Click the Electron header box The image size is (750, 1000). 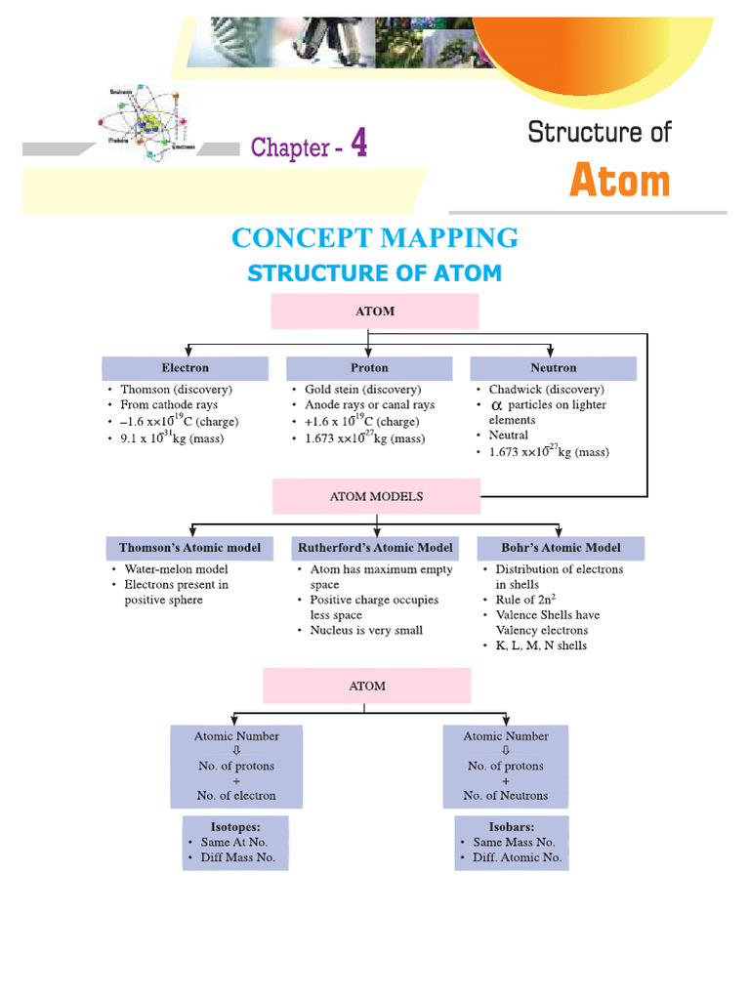click(x=185, y=368)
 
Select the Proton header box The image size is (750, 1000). click(x=369, y=368)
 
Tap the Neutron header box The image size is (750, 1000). click(x=553, y=368)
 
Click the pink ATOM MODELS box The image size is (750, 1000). click(x=376, y=496)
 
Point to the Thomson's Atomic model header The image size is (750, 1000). click(x=190, y=548)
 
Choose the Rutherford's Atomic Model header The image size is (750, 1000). click(x=375, y=548)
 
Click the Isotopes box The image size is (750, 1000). click(x=235, y=842)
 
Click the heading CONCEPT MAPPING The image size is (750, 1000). click(x=374, y=237)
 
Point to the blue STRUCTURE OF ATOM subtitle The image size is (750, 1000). click(x=374, y=273)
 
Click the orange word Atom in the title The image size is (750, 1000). click(x=619, y=182)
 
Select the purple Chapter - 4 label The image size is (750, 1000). click(x=310, y=146)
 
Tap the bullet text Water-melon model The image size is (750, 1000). click(x=176, y=569)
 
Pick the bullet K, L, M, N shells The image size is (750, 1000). click(x=541, y=646)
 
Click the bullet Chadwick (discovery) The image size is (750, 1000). click(x=546, y=390)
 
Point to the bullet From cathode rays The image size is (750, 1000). click(x=169, y=404)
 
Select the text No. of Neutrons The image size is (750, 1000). click(x=506, y=795)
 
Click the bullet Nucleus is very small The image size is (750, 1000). click(x=366, y=630)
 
